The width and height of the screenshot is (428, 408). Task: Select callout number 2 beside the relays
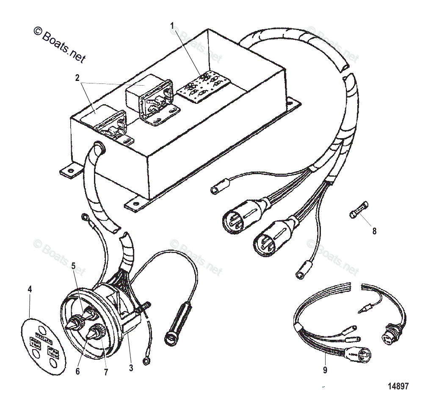[x=77, y=78]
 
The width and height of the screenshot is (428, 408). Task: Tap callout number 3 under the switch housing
[x=131, y=368]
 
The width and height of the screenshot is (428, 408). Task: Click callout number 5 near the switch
[x=73, y=266]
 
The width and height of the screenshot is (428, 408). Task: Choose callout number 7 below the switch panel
[x=105, y=372]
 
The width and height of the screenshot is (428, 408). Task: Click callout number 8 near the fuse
[x=374, y=231]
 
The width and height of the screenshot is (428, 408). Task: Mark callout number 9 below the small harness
[x=325, y=369]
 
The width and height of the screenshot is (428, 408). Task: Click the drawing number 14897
[x=398, y=386]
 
